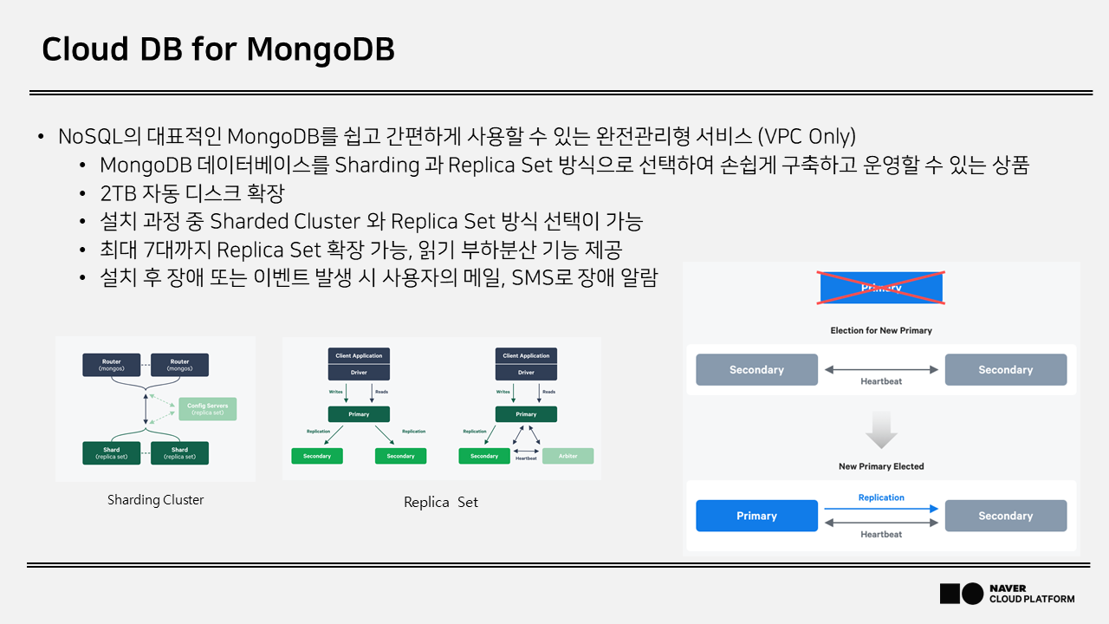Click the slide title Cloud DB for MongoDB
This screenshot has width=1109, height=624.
click(218, 49)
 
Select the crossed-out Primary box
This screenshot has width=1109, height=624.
click(881, 287)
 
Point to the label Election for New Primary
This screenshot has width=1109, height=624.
click(881, 330)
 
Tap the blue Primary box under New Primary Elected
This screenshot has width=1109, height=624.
click(756, 516)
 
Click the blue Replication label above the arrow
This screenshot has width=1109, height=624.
click(881, 497)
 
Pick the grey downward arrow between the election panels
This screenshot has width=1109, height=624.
click(881, 430)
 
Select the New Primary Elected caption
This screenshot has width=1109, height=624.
click(881, 466)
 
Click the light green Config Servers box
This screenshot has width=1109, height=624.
click(206, 408)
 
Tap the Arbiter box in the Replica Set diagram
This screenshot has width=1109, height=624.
click(568, 456)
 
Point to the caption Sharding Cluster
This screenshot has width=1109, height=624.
click(156, 500)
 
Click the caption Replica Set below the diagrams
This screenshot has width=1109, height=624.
click(441, 502)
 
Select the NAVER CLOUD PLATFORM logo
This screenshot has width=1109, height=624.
click(1007, 594)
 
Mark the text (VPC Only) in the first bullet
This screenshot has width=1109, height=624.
click(806, 137)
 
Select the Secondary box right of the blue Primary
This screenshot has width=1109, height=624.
click(1005, 516)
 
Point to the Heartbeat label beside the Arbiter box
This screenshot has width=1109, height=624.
click(526, 458)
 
